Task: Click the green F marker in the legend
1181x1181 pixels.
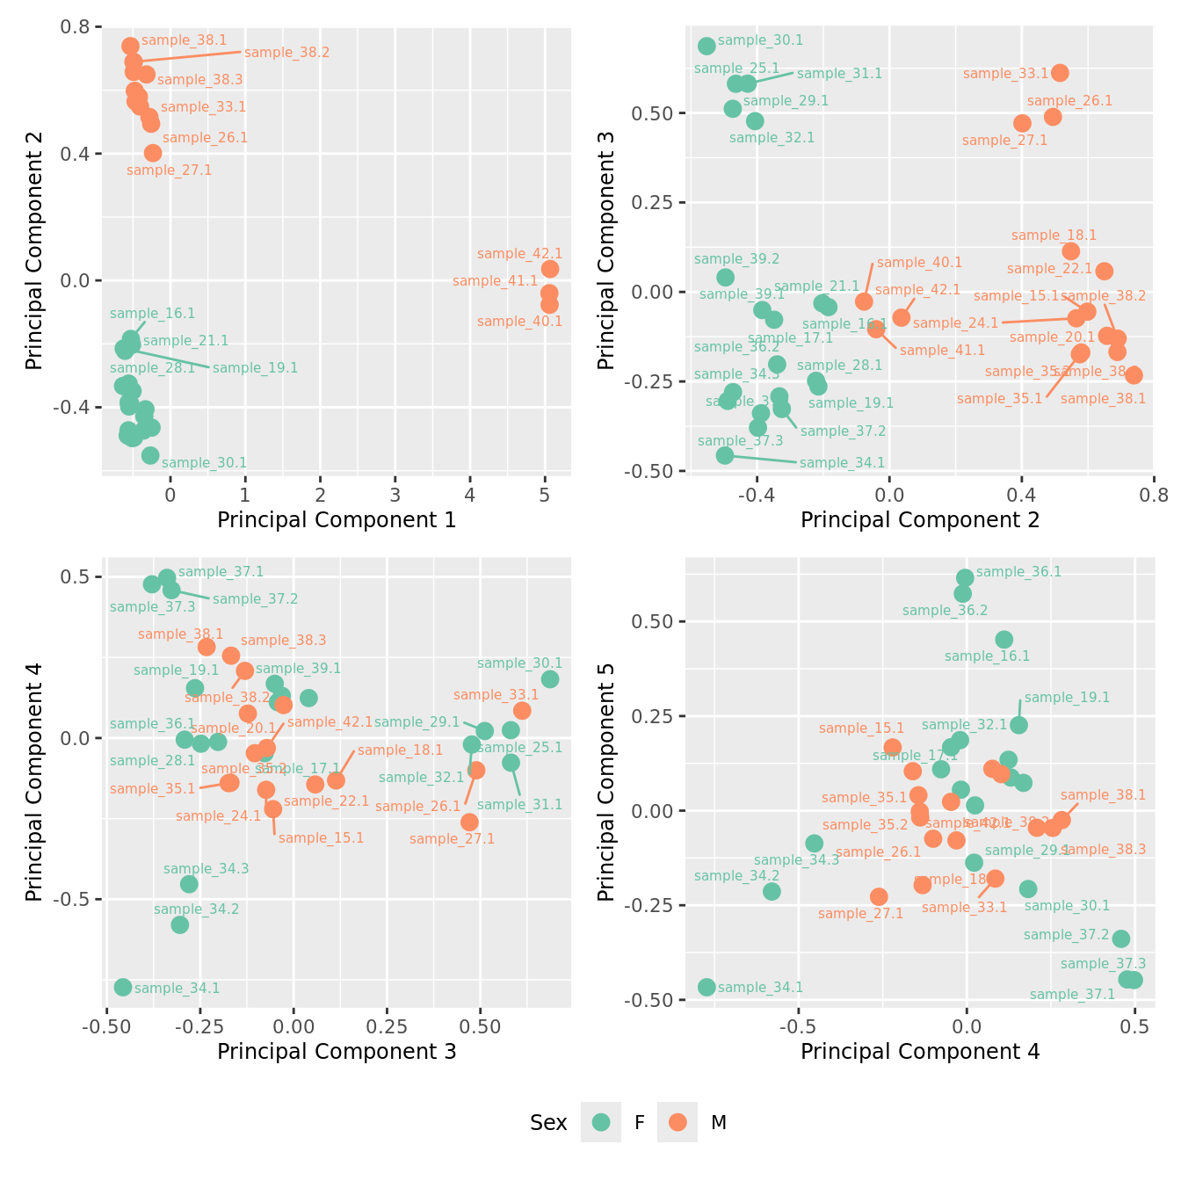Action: coord(601,1122)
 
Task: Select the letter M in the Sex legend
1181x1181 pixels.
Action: coord(719,1122)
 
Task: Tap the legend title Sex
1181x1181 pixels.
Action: coord(548,1122)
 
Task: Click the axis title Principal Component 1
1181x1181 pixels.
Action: coord(337,520)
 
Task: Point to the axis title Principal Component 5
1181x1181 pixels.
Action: coord(606,782)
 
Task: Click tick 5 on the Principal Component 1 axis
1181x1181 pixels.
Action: coord(545,495)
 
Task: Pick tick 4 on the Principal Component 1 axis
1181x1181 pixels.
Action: coord(470,495)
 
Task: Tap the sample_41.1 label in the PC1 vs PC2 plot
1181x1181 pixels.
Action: coord(495,281)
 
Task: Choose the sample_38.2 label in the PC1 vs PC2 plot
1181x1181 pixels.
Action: coord(286,53)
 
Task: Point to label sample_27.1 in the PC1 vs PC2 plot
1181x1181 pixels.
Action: coord(169,170)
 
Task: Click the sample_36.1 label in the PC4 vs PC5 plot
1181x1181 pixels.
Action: coord(1018,572)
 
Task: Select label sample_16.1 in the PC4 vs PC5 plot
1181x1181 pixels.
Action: coord(987,656)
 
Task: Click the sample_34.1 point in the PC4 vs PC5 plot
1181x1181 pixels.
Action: coord(706,987)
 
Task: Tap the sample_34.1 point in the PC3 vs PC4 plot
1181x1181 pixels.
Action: coord(123,987)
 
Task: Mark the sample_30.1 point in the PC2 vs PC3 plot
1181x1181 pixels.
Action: coord(706,46)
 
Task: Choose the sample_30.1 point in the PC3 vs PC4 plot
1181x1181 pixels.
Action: coord(550,679)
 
